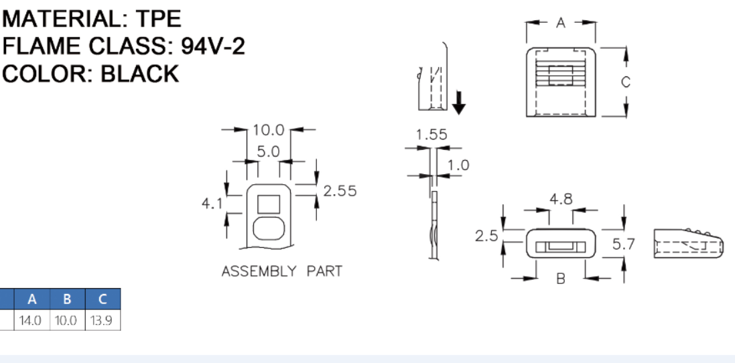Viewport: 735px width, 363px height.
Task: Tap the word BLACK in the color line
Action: (x=140, y=74)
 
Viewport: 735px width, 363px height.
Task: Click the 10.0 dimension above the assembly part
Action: (x=269, y=129)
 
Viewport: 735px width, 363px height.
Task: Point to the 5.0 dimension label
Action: (x=268, y=152)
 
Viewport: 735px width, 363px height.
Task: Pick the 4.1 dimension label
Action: (x=212, y=203)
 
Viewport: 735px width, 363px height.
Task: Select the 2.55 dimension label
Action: (x=340, y=191)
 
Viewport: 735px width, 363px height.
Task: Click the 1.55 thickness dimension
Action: (x=431, y=135)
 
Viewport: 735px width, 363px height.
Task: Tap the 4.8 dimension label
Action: (x=561, y=199)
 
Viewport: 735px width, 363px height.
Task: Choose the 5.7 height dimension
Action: (x=624, y=244)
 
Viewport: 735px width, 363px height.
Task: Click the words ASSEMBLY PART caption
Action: (x=281, y=271)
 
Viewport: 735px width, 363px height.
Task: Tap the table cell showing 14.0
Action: (x=31, y=321)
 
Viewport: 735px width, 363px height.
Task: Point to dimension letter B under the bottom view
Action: (x=561, y=279)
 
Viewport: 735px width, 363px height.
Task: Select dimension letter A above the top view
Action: (x=561, y=23)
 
